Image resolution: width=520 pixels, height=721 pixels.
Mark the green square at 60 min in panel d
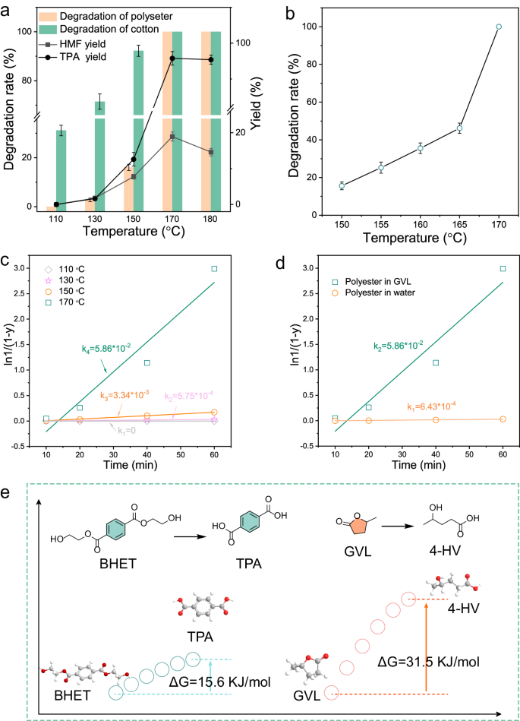(502, 268)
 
